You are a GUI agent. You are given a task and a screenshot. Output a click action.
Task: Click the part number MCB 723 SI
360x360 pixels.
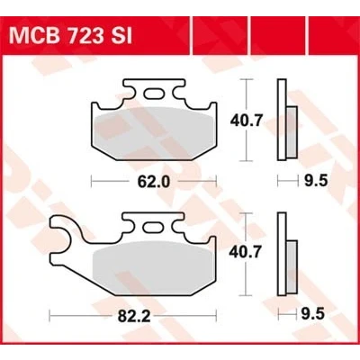(71, 36)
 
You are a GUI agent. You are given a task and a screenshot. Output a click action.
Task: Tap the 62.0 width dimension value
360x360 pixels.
(154, 182)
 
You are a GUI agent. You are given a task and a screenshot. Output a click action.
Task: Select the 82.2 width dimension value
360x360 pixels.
(134, 316)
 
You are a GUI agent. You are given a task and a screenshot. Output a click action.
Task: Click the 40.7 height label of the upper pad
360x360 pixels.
(247, 121)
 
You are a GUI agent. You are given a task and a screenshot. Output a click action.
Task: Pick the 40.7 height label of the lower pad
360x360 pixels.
(246, 253)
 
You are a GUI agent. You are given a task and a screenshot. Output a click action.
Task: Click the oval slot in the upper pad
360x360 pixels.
(154, 94)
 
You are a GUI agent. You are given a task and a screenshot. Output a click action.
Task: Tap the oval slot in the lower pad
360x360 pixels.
(154, 227)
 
